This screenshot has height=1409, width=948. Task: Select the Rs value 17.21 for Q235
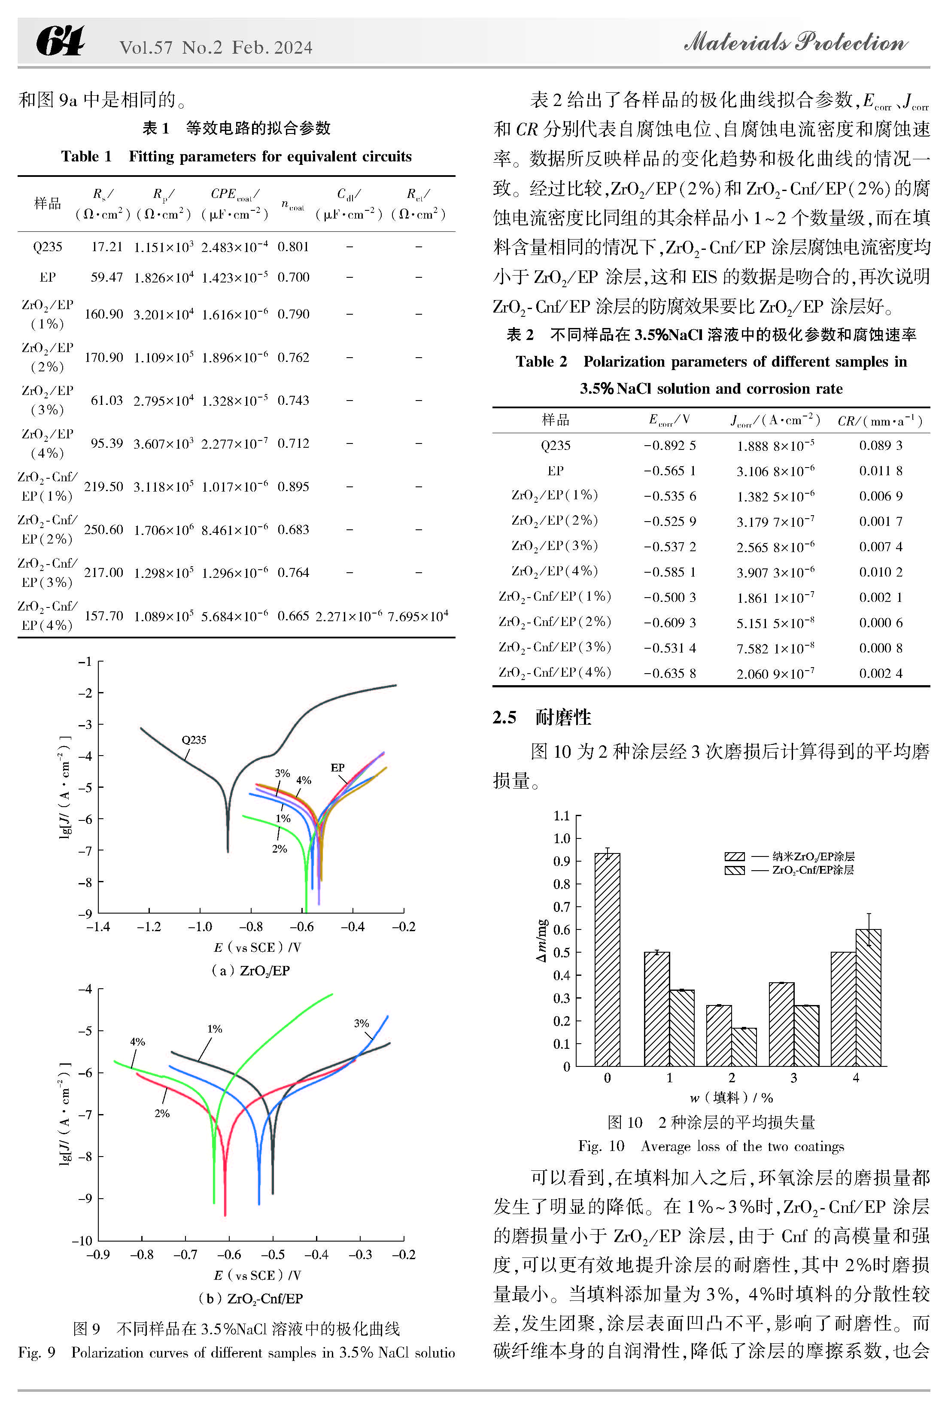click(x=107, y=246)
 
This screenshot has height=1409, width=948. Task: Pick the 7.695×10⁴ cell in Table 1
click(x=418, y=615)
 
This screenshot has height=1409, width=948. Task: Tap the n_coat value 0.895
click(x=293, y=486)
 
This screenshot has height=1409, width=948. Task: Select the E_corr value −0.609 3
click(x=670, y=622)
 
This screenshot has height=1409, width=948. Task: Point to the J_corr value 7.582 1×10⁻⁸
click(x=775, y=648)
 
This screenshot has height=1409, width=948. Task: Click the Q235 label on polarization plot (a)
click(x=194, y=740)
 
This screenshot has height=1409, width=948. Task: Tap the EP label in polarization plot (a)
click(x=337, y=768)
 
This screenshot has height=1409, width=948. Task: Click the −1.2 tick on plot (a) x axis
click(x=149, y=926)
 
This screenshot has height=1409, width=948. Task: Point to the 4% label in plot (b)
click(x=137, y=1042)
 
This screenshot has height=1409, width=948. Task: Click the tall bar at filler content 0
click(x=607, y=959)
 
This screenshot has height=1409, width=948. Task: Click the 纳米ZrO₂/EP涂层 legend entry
click(x=790, y=856)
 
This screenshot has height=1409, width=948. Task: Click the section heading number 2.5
click(x=504, y=717)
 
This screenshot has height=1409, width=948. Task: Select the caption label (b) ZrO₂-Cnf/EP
click(x=251, y=1298)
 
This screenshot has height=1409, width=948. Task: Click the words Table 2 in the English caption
click(x=541, y=361)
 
